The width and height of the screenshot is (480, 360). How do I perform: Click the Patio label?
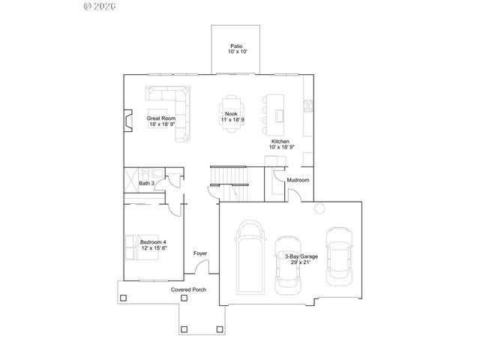(x=235, y=46)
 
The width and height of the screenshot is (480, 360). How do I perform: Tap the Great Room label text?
(x=160, y=118)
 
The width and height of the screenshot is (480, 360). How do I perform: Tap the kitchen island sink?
(x=279, y=115)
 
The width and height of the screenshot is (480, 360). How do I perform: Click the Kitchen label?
(x=280, y=142)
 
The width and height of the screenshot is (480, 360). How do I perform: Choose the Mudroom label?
(x=298, y=180)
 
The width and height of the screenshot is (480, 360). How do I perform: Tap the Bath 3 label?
(x=147, y=183)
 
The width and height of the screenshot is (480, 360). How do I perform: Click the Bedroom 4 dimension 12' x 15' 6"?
(x=153, y=247)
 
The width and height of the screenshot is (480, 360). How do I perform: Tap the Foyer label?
(x=200, y=253)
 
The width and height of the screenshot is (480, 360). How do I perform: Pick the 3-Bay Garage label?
(x=301, y=256)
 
